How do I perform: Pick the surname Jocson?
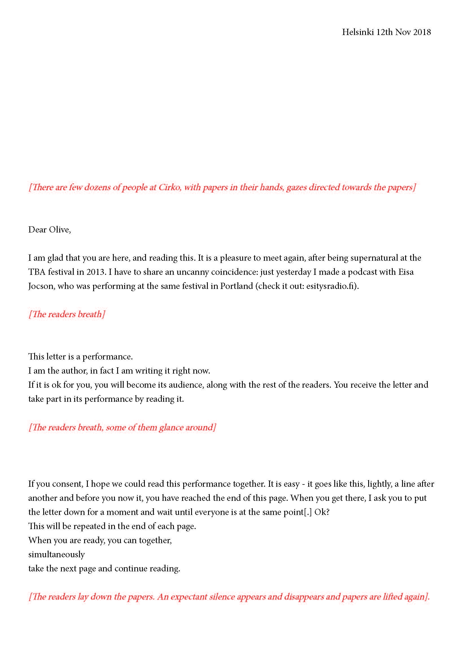(x=41, y=286)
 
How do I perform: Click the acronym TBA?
(x=37, y=272)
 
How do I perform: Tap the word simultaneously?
(x=56, y=554)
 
